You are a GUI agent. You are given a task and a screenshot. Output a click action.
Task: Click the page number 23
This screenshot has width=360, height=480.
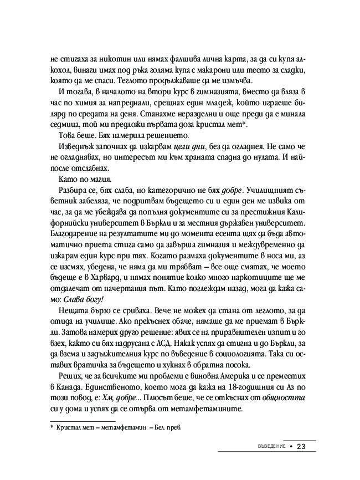[301, 447]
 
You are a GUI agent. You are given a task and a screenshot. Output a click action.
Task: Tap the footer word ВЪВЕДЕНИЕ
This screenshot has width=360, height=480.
[267, 447]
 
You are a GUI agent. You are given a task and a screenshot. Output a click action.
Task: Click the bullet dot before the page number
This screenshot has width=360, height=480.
[290, 447]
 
